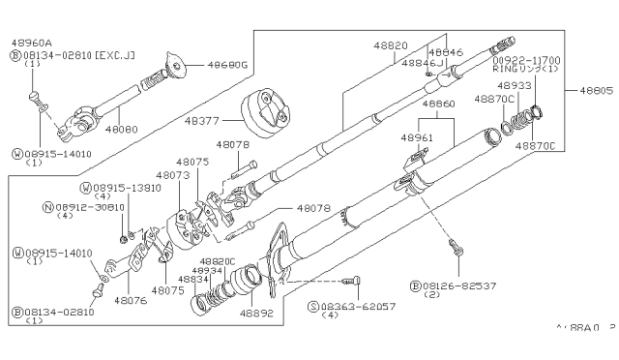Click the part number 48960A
[32, 44]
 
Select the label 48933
[516, 85]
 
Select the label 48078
[312, 208]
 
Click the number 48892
[257, 314]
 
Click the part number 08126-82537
[454, 285]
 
